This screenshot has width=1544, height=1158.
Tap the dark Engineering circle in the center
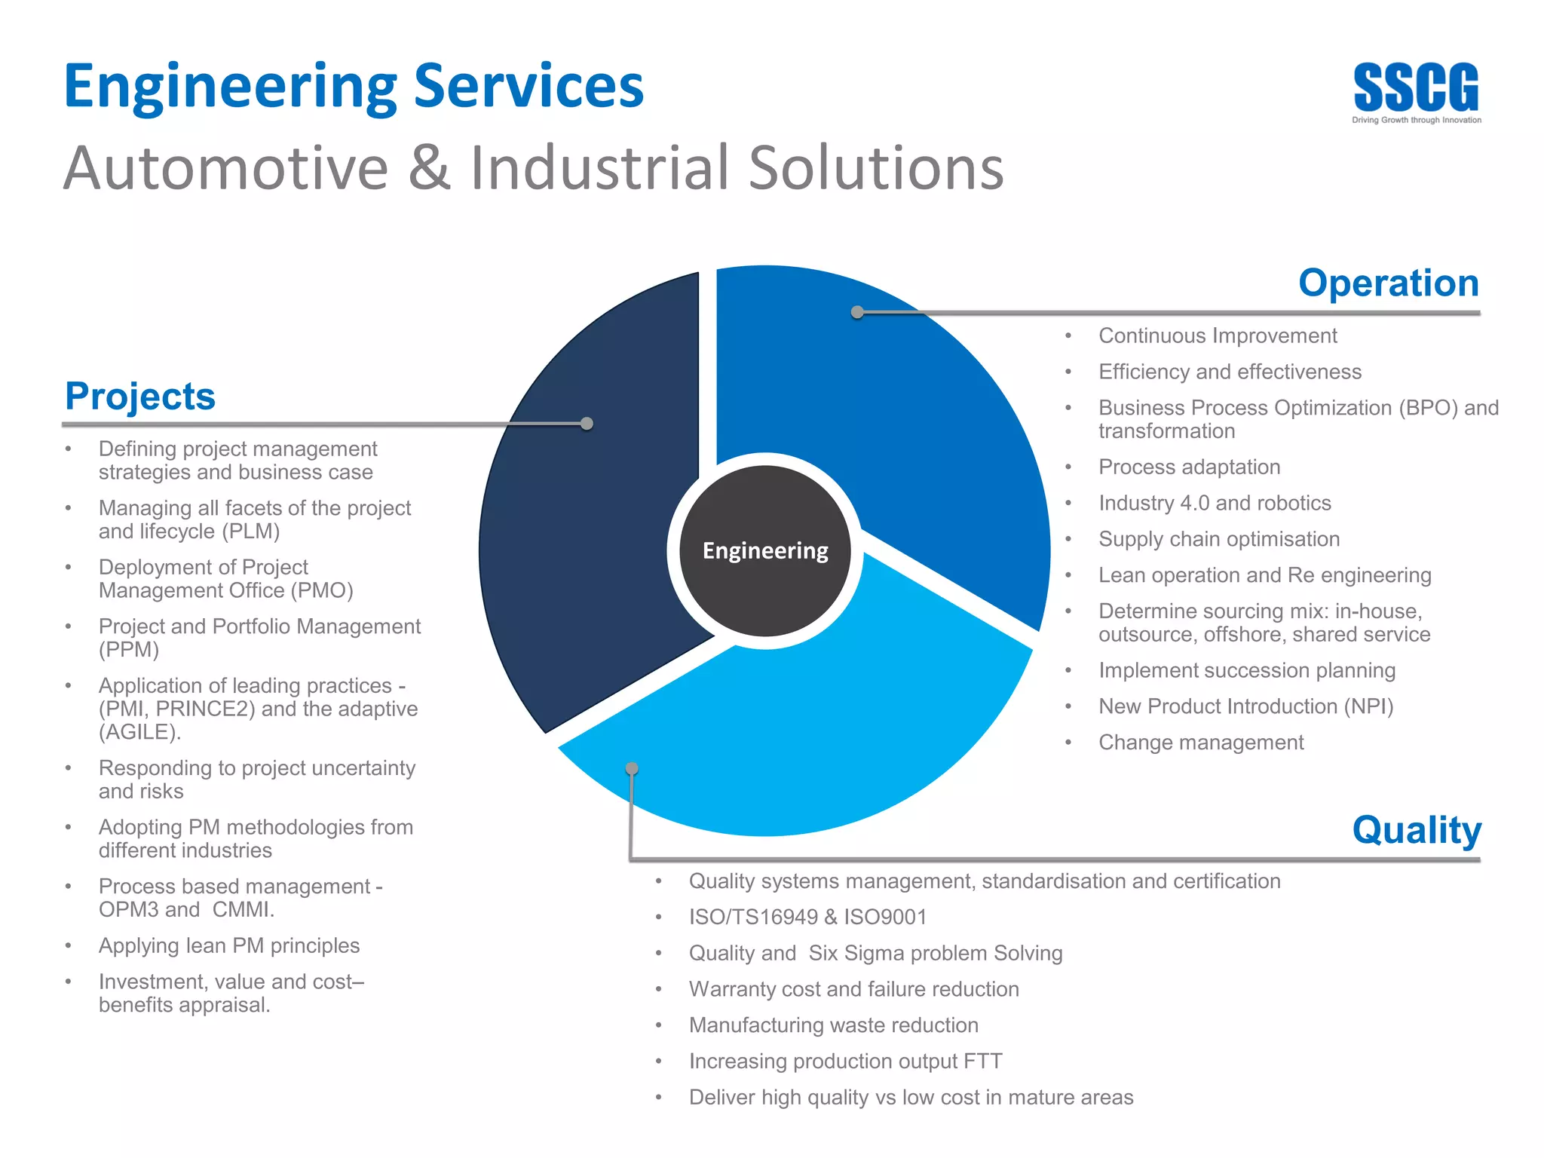click(x=765, y=551)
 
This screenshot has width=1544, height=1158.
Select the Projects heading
click(x=140, y=396)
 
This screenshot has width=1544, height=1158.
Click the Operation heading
click(x=1388, y=283)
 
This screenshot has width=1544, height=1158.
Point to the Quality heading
click(x=1416, y=830)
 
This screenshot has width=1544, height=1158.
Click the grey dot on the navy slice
click(x=587, y=424)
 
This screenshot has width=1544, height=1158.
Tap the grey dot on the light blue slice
click(x=632, y=768)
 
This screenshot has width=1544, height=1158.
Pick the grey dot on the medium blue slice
click(x=857, y=312)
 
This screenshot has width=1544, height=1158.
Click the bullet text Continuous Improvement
click(x=1217, y=335)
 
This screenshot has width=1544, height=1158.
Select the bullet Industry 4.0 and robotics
click(x=1214, y=503)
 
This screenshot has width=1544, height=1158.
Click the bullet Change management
click(x=1200, y=743)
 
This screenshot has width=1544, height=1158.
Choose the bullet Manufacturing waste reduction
click(x=833, y=1025)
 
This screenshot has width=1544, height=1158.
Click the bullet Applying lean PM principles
click(x=228, y=945)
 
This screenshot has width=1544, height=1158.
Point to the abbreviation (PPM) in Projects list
click(x=129, y=650)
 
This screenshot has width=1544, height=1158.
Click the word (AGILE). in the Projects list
click(x=140, y=732)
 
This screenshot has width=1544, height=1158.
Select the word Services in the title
click(x=528, y=86)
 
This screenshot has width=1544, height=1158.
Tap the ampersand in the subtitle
click(x=429, y=167)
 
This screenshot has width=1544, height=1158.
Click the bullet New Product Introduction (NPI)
click(x=1245, y=706)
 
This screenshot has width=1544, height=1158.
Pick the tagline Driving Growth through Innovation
click(x=1416, y=120)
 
